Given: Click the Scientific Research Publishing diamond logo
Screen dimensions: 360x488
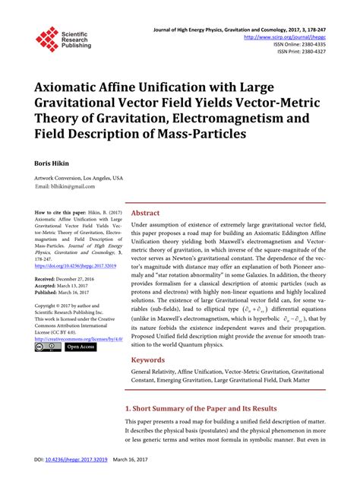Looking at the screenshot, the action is pyautogui.click(x=47, y=39).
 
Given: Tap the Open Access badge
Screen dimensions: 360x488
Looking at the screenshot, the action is pyautogui.click(x=79, y=347).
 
